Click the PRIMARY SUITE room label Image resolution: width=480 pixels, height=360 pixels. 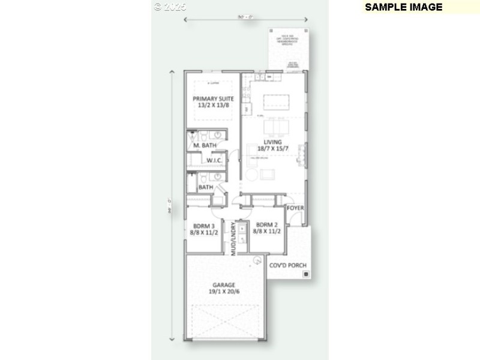tap(213, 98)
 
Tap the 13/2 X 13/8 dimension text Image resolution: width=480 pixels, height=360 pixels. tap(213, 106)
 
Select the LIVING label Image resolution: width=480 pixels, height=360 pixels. tap(272, 142)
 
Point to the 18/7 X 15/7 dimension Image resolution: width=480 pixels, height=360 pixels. tap(272, 149)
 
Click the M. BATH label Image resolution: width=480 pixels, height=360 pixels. tap(205, 145)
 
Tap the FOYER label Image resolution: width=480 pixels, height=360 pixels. tap(295, 208)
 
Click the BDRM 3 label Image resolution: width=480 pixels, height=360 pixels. tap(204, 226)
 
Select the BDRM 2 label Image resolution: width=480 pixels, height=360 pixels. tap(264, 226)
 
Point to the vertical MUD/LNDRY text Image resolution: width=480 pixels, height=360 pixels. tap(233, 239)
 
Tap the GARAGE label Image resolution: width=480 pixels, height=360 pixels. tap(224, 285)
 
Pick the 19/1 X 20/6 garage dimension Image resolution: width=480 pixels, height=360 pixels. tap(224, 292)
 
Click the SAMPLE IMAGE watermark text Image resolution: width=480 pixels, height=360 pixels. tap(403, 7)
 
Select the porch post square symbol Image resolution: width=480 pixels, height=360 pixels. tap(306, 274)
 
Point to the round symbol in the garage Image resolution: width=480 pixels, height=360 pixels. tap(256, 260)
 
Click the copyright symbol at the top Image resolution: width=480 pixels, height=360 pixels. tap(158, 7)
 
